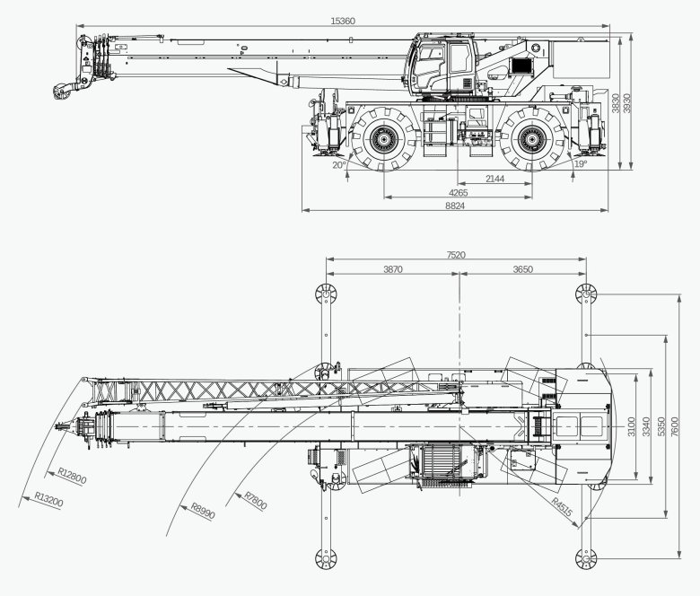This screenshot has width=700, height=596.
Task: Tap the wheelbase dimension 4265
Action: point(458,192)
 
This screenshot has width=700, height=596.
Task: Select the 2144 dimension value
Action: point(494,179)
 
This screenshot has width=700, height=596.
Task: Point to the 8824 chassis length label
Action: point(456,206)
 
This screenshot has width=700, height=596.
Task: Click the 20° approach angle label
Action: point(338,165)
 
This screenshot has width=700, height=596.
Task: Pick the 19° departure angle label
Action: point(580,164)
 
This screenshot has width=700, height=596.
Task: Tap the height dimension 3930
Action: point(627,103)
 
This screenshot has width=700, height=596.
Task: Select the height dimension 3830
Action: point(615,104)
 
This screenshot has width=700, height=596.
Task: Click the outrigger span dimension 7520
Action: point(456,255)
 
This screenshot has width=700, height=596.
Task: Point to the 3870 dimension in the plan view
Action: point(392,268)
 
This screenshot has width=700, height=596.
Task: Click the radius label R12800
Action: point(72,477)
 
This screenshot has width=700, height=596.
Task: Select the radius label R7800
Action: point(255,498)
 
